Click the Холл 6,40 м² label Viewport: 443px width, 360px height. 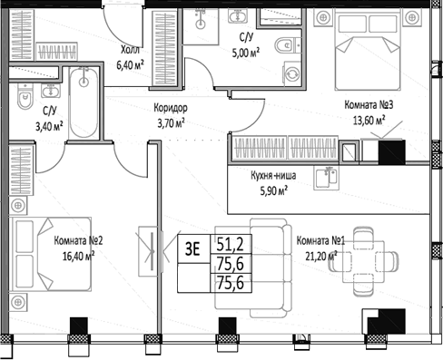click(139, 57)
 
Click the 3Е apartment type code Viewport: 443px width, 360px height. click(193, 245)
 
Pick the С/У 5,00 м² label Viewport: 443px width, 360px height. click(245, 44)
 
